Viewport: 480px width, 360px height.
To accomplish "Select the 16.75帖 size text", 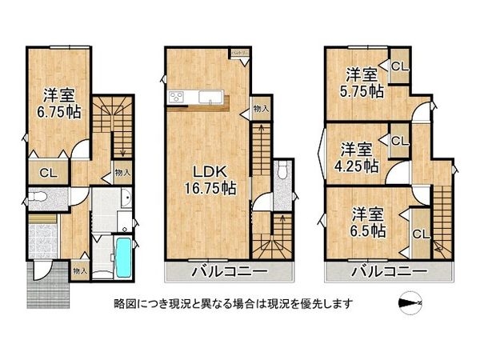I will pos(206,189).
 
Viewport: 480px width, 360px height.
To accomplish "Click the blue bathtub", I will pos(122,256).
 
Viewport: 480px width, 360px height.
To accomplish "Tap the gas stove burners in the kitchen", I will pos(176,98).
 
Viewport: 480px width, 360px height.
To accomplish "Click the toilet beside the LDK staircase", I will pos(282,172).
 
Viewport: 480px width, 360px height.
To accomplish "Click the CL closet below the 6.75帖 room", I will pos(48,172).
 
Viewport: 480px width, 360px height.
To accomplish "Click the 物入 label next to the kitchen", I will pos(261,109).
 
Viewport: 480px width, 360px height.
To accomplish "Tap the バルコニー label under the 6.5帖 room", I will pos(388,273).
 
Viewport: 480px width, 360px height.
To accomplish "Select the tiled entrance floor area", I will pos(42,238).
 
